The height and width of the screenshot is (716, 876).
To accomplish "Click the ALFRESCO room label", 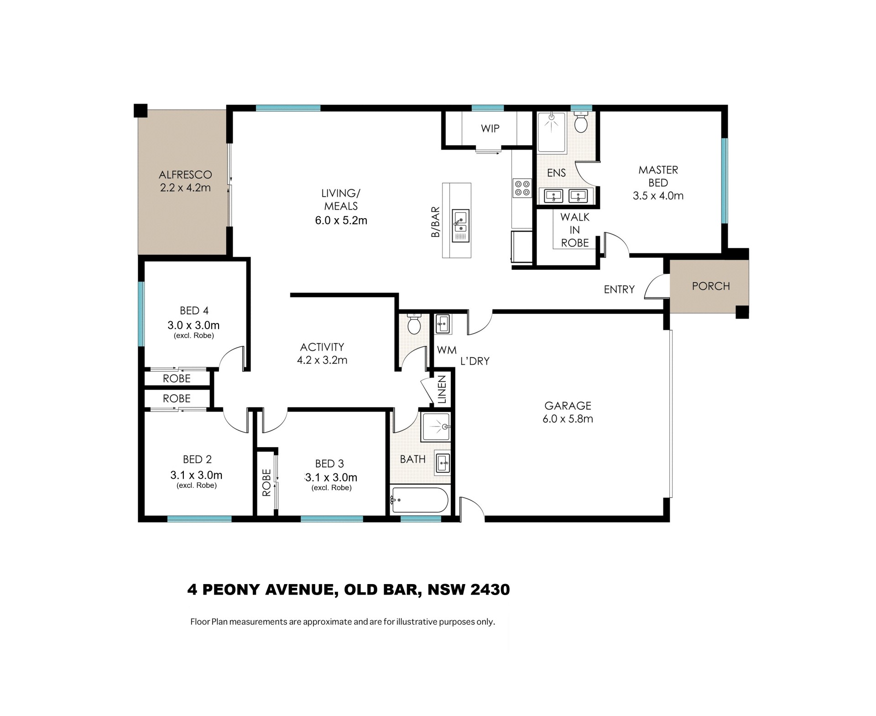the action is tap(185, 174).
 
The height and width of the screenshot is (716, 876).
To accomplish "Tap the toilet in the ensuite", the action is tap(581, 122).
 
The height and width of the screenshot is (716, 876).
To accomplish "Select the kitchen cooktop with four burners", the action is tap(522, 188).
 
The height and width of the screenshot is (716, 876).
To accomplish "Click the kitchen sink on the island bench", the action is tap(460, 225).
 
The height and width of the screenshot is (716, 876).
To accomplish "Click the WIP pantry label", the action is tap(490, 129).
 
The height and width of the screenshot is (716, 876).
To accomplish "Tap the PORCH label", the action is tap(711, 286).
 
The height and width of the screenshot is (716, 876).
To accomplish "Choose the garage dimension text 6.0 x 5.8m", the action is tap(568, 419).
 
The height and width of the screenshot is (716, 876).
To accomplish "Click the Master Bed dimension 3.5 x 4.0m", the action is tap(658, 196).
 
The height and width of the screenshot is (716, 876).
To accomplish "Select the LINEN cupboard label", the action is tap(442, 390).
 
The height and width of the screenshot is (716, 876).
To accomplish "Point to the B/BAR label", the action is tap(436, 222).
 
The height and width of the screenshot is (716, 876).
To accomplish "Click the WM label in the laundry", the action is tap(447, 350).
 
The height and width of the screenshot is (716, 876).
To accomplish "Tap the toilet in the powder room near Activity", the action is tap(414, 324).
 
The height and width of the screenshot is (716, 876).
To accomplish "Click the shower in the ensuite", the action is tap(552, 132).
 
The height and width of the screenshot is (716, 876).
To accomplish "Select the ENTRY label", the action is tap(619, 289).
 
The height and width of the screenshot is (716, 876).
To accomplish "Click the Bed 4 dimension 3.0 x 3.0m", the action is tap(193, 325).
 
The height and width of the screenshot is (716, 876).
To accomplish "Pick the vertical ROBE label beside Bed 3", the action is tap(266, 483).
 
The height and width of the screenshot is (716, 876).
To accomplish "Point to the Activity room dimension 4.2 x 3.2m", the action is tap(322, 360).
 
